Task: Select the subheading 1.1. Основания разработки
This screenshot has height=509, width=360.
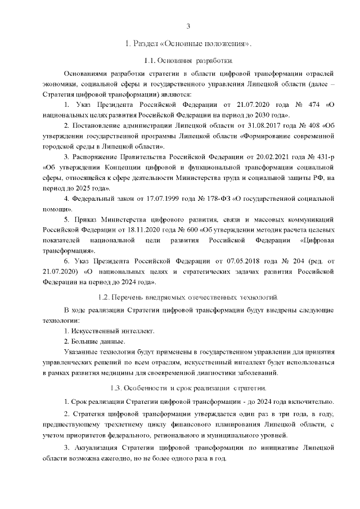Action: pyautogui.click(x=188, y=61)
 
